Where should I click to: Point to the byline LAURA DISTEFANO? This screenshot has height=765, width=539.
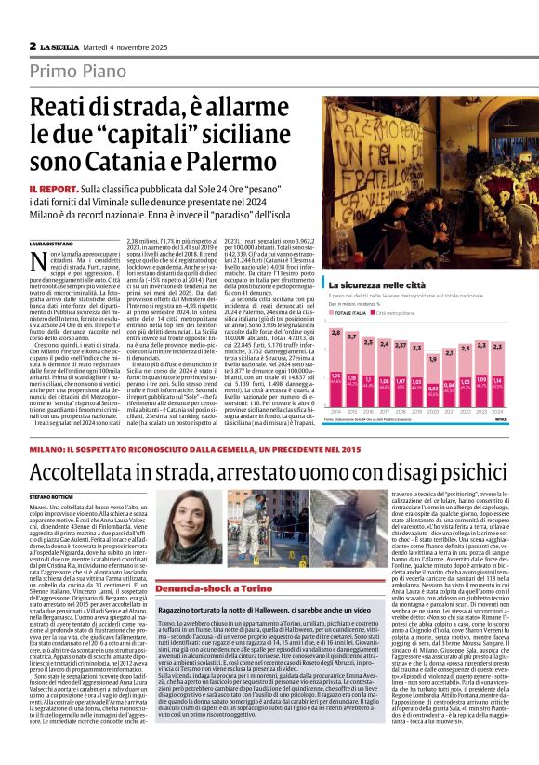click(x=49, y=242)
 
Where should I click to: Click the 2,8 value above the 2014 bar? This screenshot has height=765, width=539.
click(x=335, y=333)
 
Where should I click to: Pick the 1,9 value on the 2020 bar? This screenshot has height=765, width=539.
click(x=432, y=358)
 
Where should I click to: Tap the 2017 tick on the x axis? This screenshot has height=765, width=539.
click(x=384, y=410)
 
